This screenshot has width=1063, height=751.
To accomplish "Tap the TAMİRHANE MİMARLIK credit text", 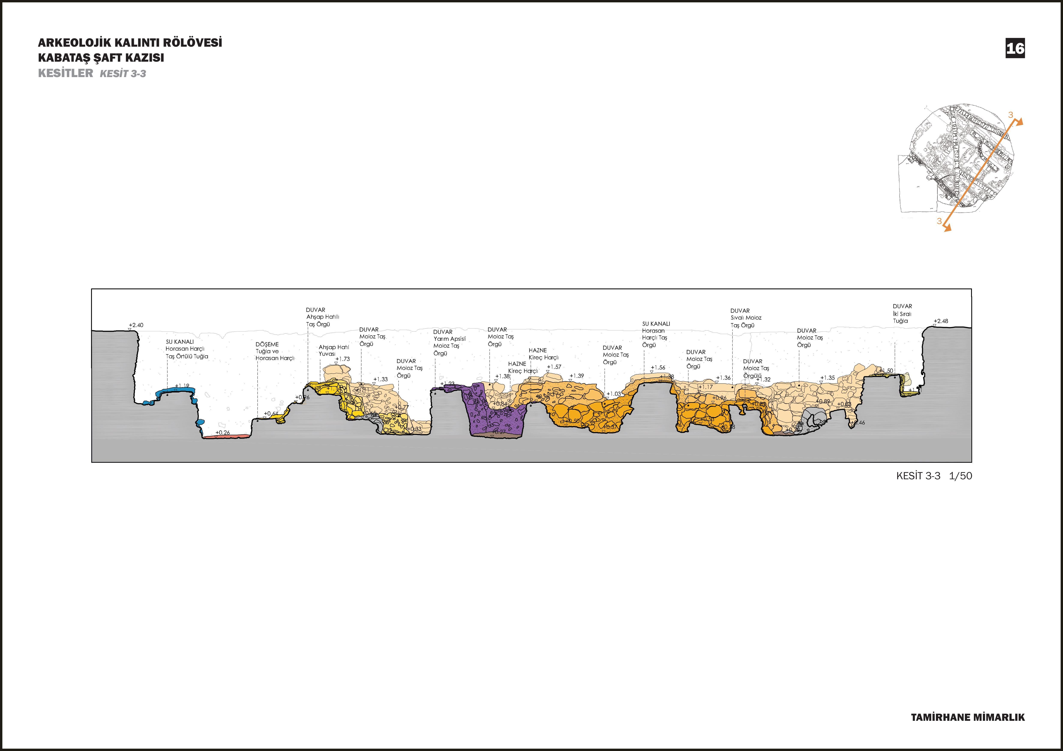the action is tap(968, 717).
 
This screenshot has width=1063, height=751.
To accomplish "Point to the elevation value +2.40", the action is tap(136, 325).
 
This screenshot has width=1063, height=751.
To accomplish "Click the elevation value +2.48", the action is tap(941, 321).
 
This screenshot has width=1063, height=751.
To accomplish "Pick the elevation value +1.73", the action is tap(343, 359).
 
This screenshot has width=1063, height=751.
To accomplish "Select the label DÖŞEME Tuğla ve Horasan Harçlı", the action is tap(274, 351).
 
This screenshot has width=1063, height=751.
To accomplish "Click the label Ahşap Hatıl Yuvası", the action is tap(333, 350).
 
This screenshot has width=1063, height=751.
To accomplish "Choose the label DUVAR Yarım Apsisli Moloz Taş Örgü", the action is tap(449, 342).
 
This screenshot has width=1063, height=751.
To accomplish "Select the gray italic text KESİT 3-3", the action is tap(123, 74).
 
